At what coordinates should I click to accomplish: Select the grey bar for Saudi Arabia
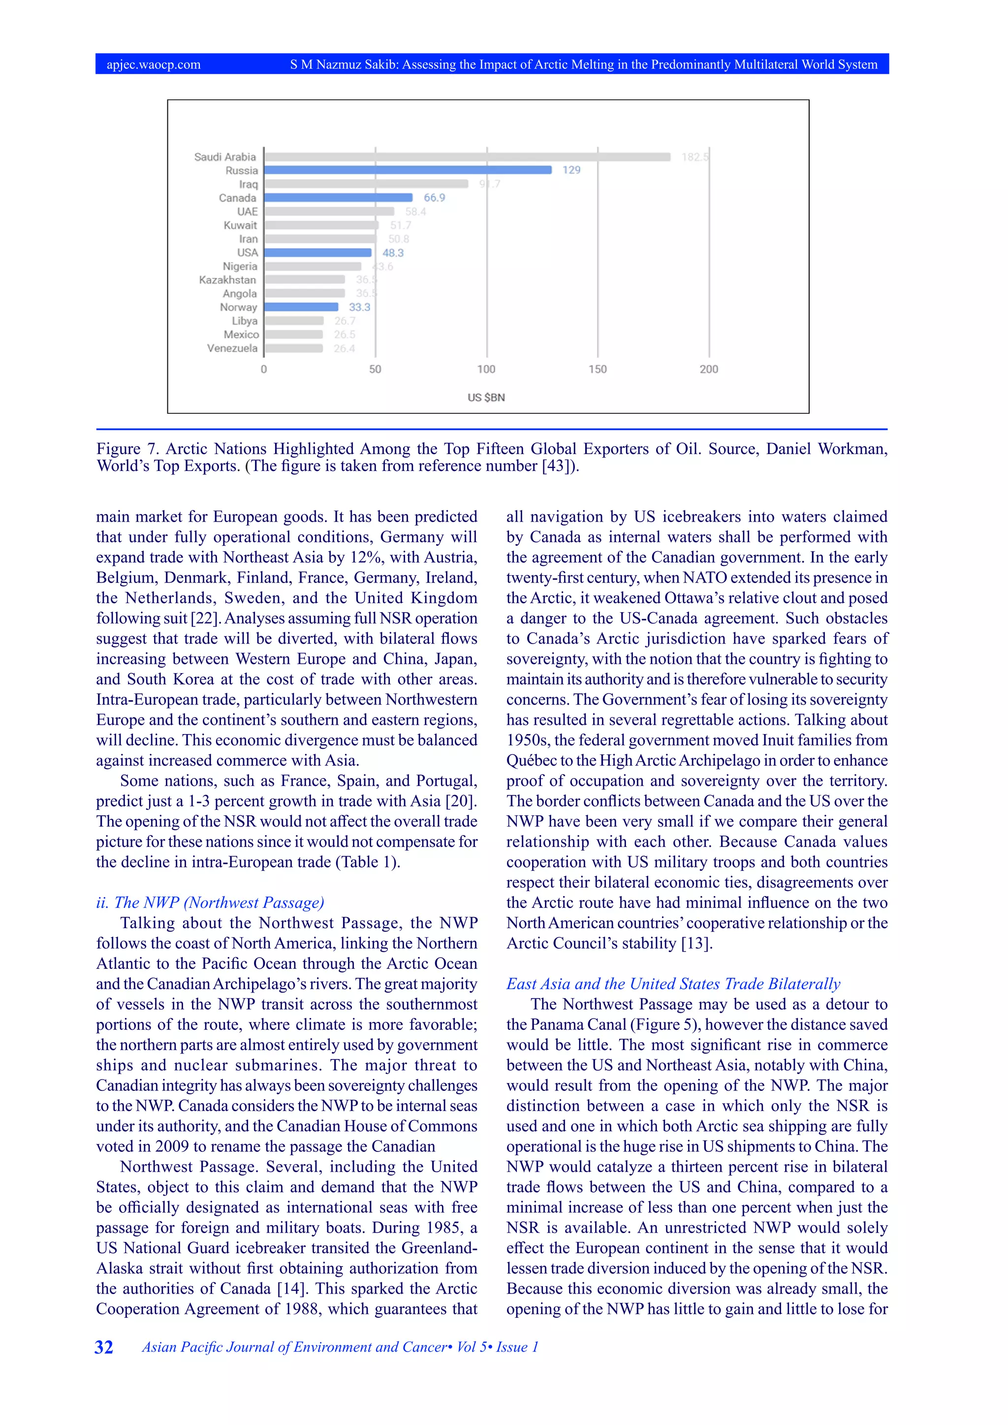(468, 156)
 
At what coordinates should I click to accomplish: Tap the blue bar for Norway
(301, 307)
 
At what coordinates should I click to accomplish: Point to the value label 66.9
(435, 197)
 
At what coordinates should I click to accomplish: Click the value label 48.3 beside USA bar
(393, 252)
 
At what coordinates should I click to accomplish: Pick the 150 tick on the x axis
(598, 369)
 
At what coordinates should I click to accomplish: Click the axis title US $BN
(486, 397)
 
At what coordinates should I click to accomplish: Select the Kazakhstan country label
(227, 280)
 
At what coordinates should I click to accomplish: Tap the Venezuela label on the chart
(232, 348)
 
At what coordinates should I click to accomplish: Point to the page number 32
(104, 1347)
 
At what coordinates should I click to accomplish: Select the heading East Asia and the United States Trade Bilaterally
(673, 984)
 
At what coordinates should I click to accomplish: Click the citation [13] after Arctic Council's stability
(696, 943)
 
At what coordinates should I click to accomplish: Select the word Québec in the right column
(530, 760)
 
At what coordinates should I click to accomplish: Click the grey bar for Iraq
(366, 184)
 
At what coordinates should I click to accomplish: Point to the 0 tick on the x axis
(264, 369)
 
